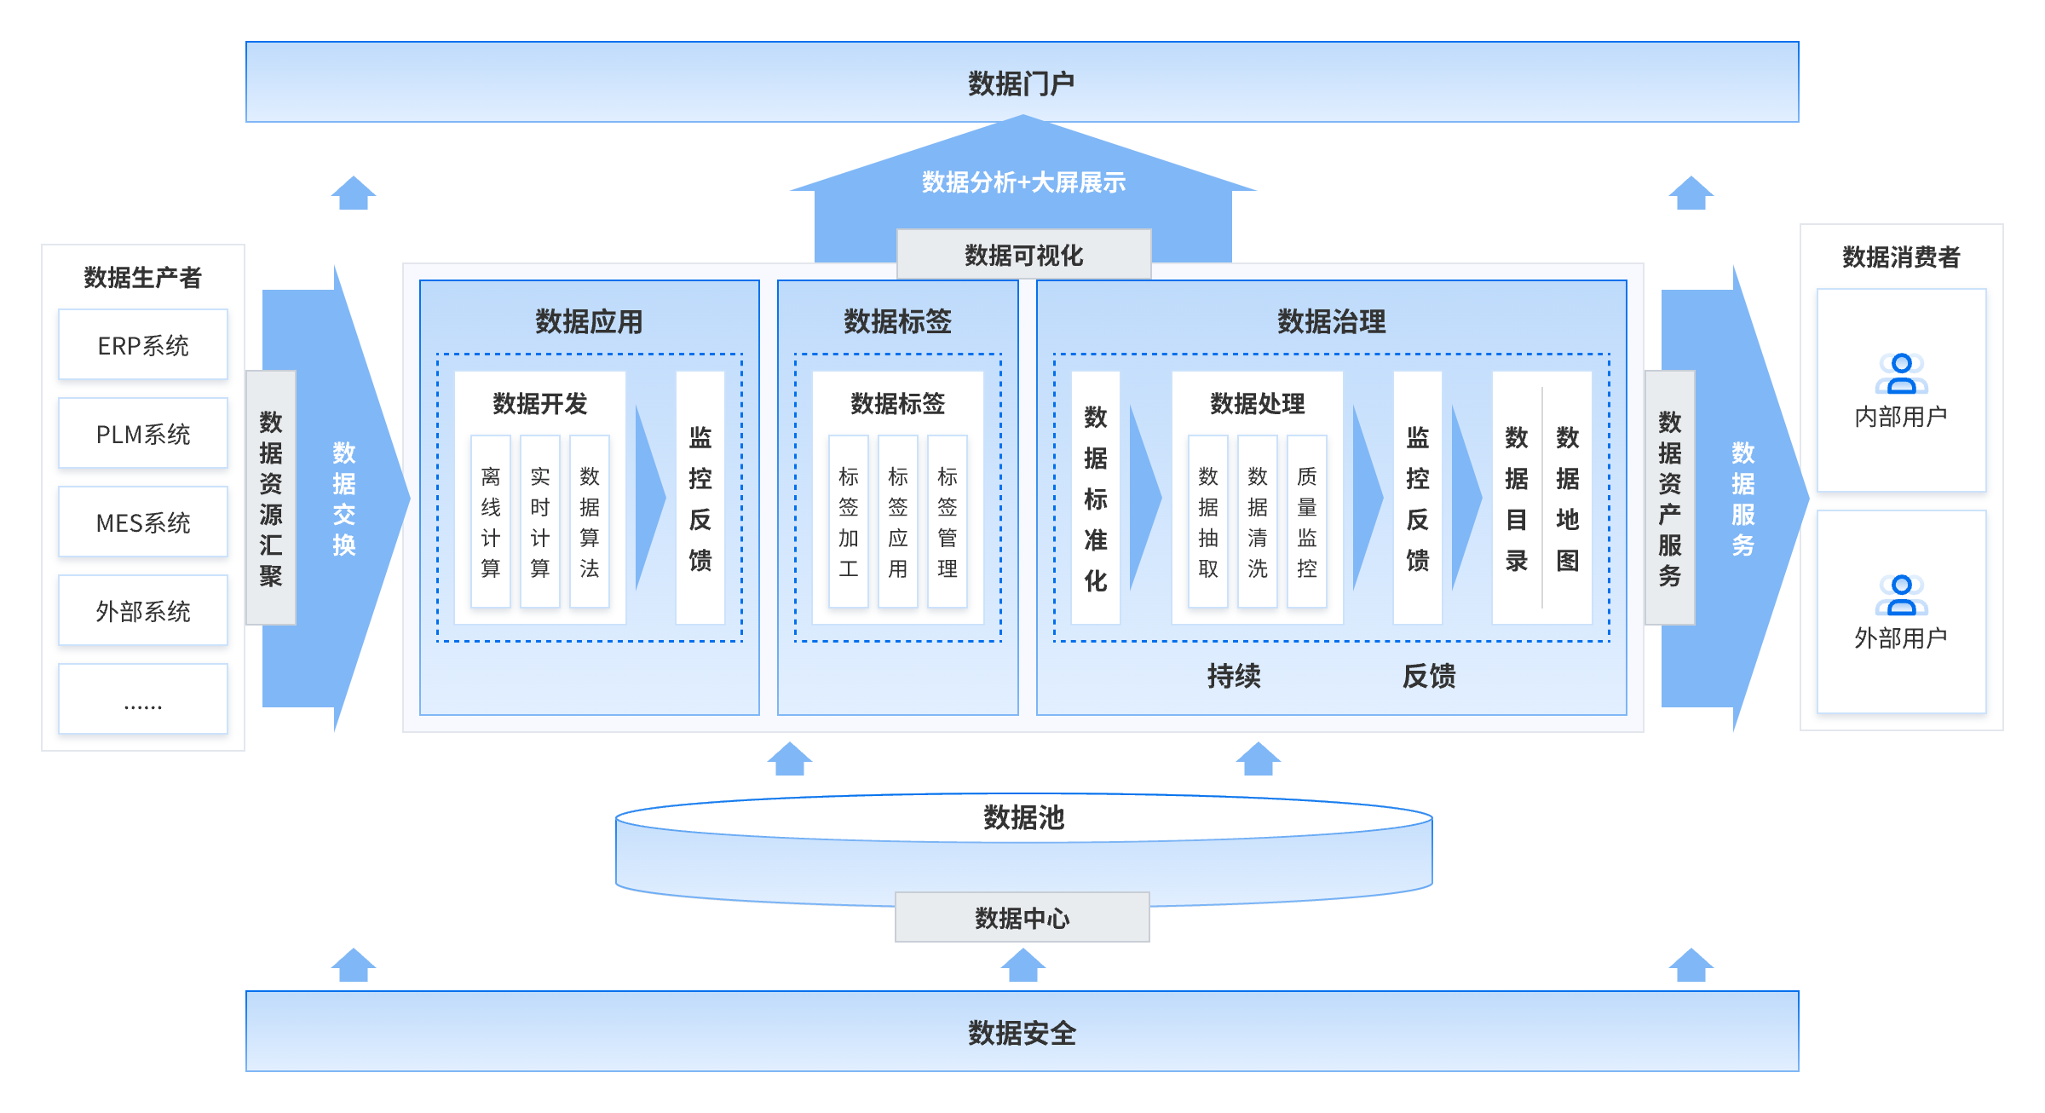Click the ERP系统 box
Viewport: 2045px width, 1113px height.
tap(143, 345)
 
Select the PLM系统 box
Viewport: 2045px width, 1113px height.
tap(143, 434)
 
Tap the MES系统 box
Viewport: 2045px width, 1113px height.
tap(143, 522)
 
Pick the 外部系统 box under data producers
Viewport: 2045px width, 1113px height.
tap(143, 611)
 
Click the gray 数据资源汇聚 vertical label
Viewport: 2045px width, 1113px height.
tap(271, 498)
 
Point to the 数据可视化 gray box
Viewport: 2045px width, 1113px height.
tap(1023, 254)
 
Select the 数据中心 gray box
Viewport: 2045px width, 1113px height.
tap(1022, 917)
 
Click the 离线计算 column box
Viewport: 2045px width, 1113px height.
tap(491, 522)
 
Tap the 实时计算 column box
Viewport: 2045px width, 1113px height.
tap(540, 522)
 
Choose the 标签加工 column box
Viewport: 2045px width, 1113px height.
tap(849, 522)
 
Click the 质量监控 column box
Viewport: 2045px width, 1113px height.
tap(1307, 522)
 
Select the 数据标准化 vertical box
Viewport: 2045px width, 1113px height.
tap(1096, 499)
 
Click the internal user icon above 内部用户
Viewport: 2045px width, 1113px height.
tap(1901, 373)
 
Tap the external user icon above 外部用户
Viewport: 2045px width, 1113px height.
tap(1901, 595)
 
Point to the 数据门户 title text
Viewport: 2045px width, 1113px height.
tap(1022, 84)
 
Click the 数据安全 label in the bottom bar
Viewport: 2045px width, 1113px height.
tap(1022, 1033)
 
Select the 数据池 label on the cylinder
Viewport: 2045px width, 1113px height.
tap(1023, 817)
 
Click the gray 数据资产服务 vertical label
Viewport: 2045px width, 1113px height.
tap(1670, 498)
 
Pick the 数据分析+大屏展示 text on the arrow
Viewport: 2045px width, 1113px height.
tap(1023, 182)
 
